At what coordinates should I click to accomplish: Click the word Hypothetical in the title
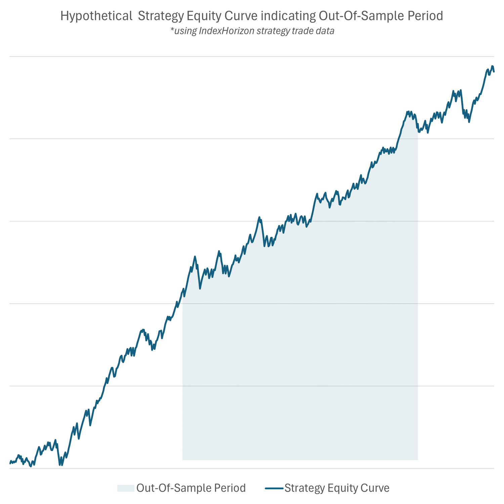point(96,16)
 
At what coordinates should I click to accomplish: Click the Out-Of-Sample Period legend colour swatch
point(126,488)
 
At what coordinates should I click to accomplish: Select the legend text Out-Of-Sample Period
point(191,488)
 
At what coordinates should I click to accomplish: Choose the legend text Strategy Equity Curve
point(337,488)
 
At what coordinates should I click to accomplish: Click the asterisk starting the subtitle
point(172,31)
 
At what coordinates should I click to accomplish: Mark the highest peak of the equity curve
point(492,66)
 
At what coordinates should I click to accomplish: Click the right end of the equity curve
point(494,72)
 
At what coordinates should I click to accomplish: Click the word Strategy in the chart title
point(161,16)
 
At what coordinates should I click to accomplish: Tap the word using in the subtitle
point(185,31)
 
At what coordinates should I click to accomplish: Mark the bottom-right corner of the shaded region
point(418,460)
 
